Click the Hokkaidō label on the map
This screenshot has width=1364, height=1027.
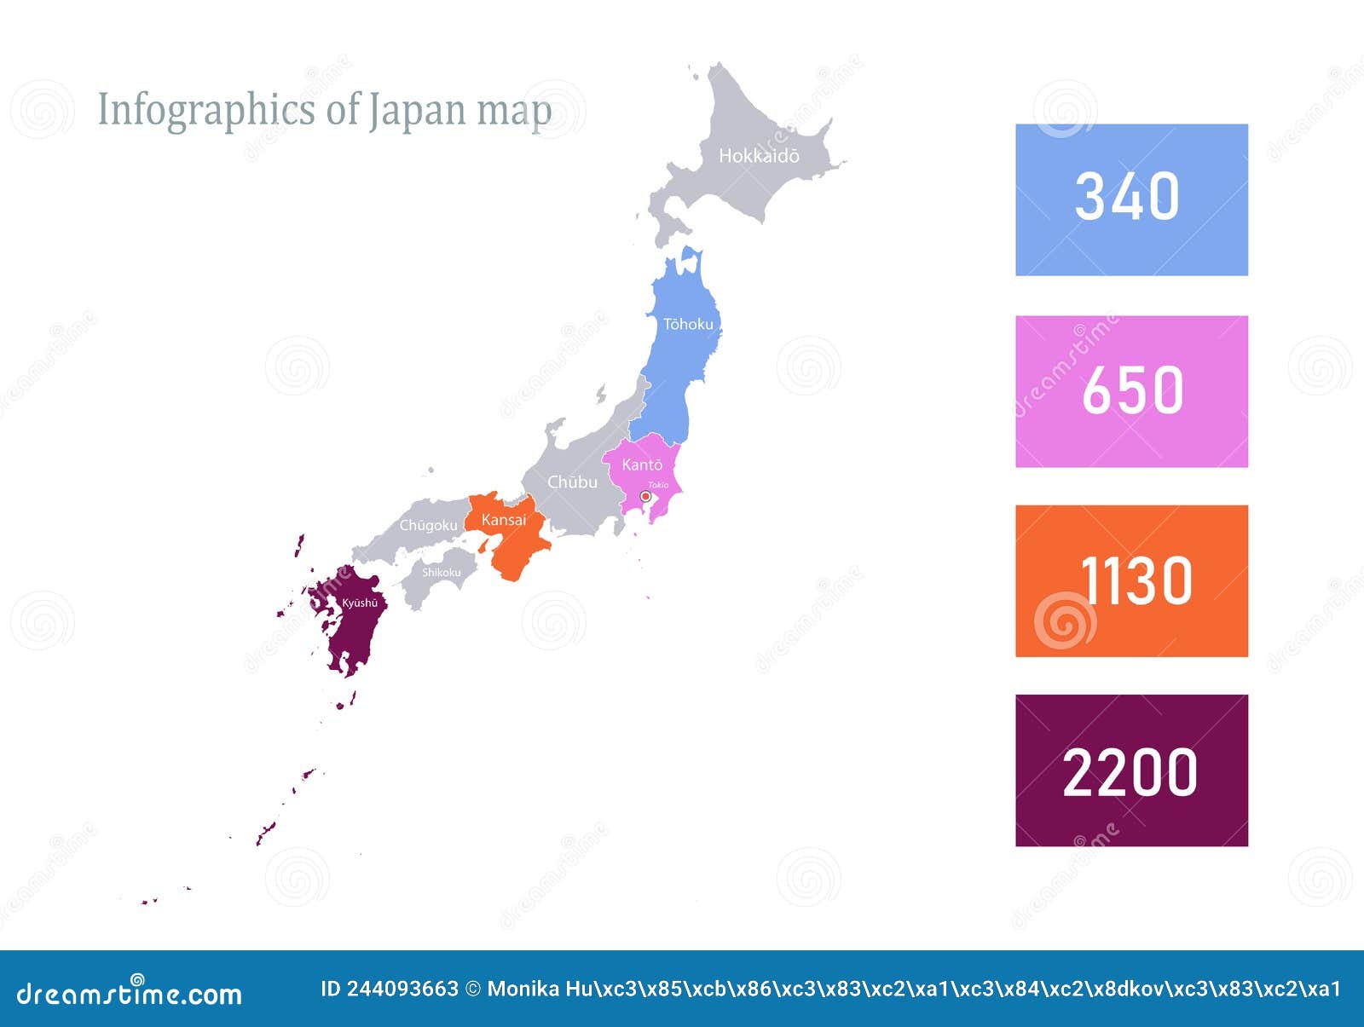click(x=759, y=156)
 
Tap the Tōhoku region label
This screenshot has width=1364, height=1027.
click(x=688, y=324)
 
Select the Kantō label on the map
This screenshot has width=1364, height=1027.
click(x=642, y=464)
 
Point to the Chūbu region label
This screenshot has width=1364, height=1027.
click(x=572, y=482)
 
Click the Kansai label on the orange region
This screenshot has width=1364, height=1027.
click(x=504, y=520)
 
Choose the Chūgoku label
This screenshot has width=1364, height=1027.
click(x=428, y=525)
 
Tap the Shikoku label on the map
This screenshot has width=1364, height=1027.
click(x=442, y=572)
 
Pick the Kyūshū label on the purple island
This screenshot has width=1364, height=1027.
click(x=360, y=603)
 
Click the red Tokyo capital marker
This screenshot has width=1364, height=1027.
click(x=645, y=496)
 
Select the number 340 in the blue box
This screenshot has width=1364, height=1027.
click(x=1127, y=197)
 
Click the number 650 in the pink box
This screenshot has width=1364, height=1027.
click(x=1132, y=390)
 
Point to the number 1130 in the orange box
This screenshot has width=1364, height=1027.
click(x=1136, y=581)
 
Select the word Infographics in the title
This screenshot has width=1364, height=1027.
click(x=206, y=111)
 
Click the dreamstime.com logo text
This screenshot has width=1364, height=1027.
click(x=129, y=993)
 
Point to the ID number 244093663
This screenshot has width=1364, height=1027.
click(x=402, y=989)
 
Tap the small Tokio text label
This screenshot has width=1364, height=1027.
click(x=658, y=485)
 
